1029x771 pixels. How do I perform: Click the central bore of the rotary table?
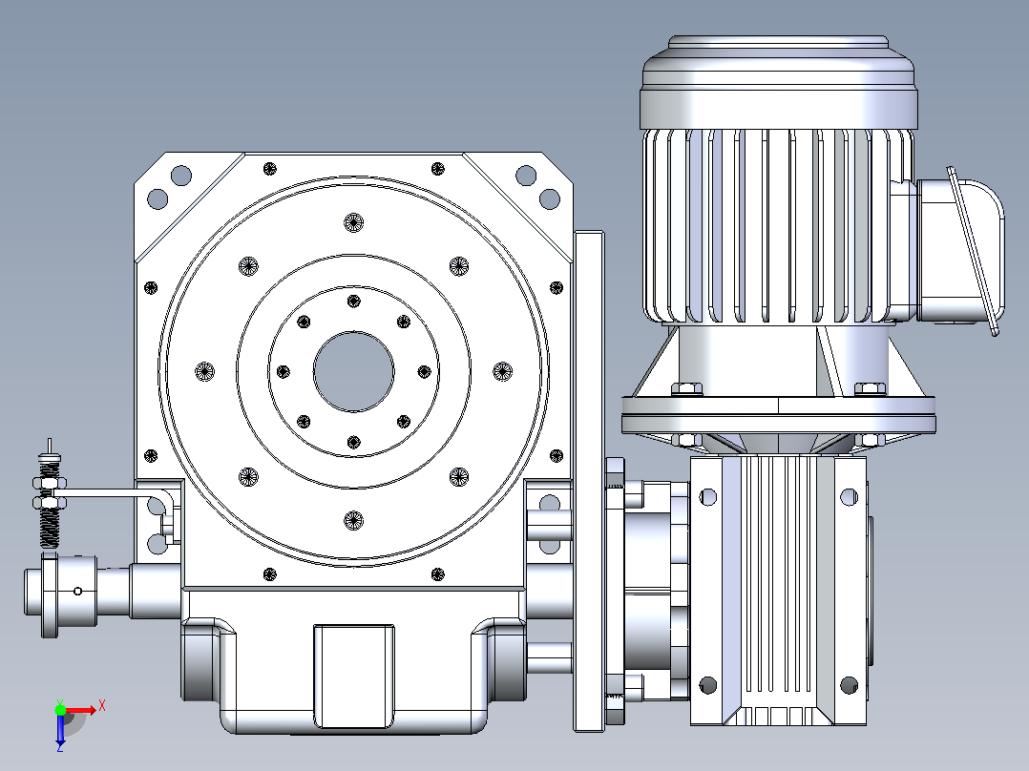[x=354, y=371]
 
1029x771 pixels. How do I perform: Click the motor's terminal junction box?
[x=959, y=251]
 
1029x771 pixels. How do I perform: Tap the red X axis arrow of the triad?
[x=81, y=710]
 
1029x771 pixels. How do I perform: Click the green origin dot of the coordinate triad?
[x=60, y=709]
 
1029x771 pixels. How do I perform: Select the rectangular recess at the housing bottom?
[x=354, y=676]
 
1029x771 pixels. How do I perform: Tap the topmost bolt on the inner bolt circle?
[x=354, y=302]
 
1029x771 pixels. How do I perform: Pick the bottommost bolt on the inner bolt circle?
[x=354, y=442]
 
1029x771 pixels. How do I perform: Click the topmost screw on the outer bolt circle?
[x=354, y=222]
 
